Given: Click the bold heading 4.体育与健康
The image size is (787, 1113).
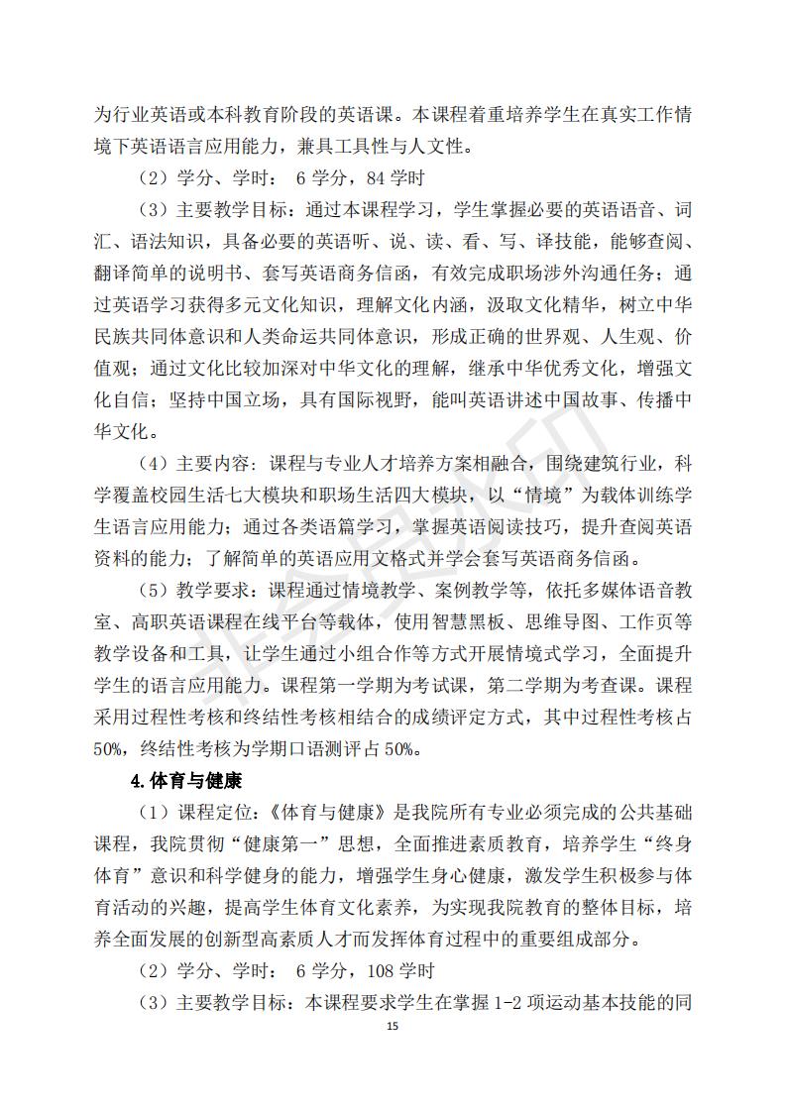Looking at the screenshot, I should (x=186, y=780).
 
